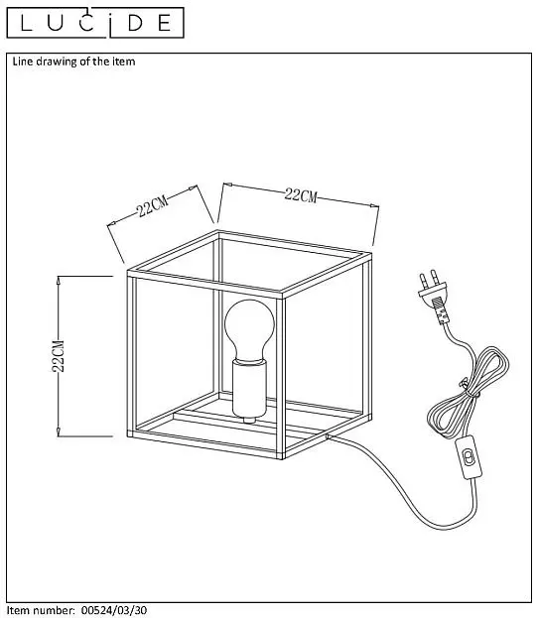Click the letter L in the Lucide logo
pyautogui.click(x=26, y=23)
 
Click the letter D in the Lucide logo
pyautogui.click(x=135, y=23)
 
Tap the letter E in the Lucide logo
pyautogui.click(x=164, y=23)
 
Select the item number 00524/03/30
pyautogui.click(x=114, y=610)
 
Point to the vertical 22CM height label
pyautogui.click(x=59, y=356)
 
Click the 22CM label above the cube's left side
pyautogui.click(x=152, y=205)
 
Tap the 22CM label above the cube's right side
pyautogui.click(x=301, y=195)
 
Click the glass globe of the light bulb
pyautogui.click(x=249, y=328)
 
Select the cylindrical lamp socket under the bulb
pyautogui.click(x=249, y=389)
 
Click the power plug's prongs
pyautogui.click(x=428, y=280)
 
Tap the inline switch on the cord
pyautogui.click(x=469, y=458)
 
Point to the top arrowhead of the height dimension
pyautogui.click(x=59, y=280)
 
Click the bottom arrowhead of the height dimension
pyautogui.click(x=59, y=432)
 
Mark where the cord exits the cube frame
pyautogui.click(x=327, y=435)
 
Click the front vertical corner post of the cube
pyautogui.click(x=281, y=377)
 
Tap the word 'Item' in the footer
pyautogui.click(x=18, y=610)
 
